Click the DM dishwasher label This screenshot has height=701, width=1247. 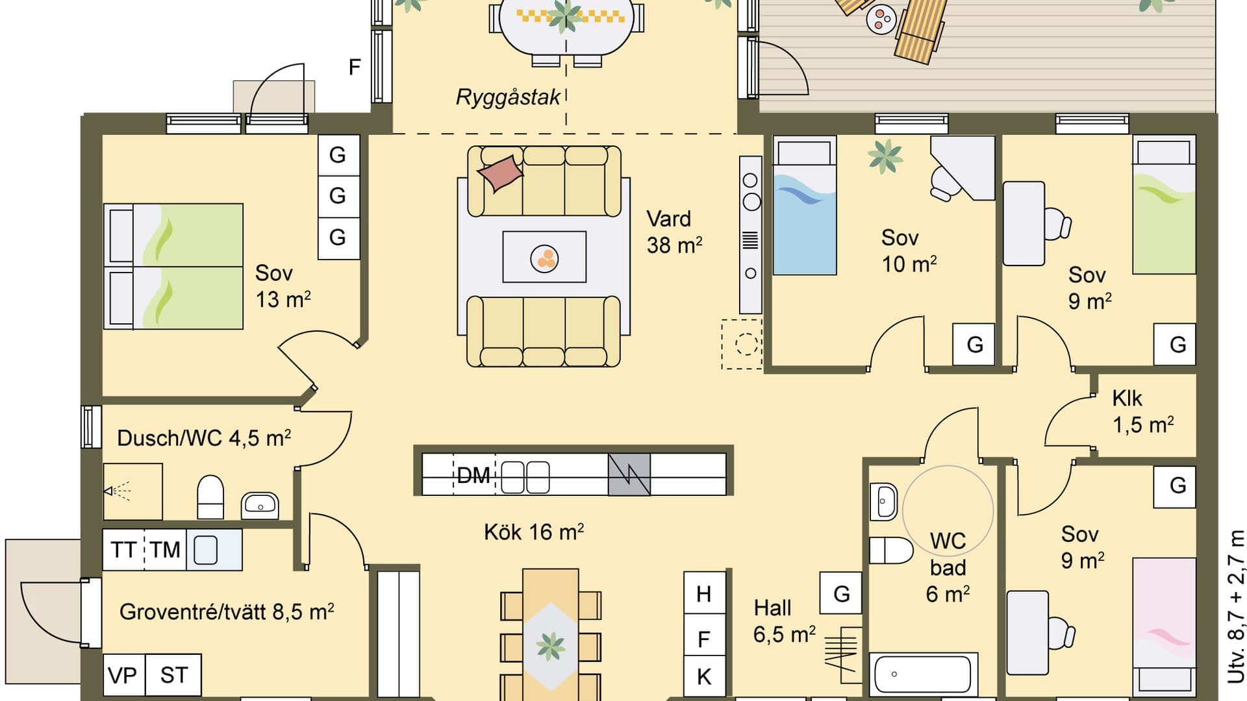coord(473,475)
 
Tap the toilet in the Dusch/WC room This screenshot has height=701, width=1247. coord(210,497)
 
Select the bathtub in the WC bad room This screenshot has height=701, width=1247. coord(923,674)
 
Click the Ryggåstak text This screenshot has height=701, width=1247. coord(508,97)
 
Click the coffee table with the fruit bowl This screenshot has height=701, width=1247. coord(544,257)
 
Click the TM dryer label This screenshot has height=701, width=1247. coord(165,550)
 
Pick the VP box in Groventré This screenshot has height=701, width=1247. coord(123,675)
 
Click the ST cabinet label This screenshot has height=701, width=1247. coord(173,675)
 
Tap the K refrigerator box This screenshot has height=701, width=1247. coord(704,676)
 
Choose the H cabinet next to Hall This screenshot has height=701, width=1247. coord(704,593)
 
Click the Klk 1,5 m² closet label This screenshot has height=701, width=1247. coord(1142,411)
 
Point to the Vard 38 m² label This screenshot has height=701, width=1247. coord(674,232)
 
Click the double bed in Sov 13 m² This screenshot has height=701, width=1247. coord(173,266)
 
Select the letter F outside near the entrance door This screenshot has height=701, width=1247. coord(355,67)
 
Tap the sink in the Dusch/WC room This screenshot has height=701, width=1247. coord(260,505)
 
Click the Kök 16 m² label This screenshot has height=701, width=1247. coord(533,532)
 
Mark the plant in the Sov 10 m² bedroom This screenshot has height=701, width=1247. coord(885,156)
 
